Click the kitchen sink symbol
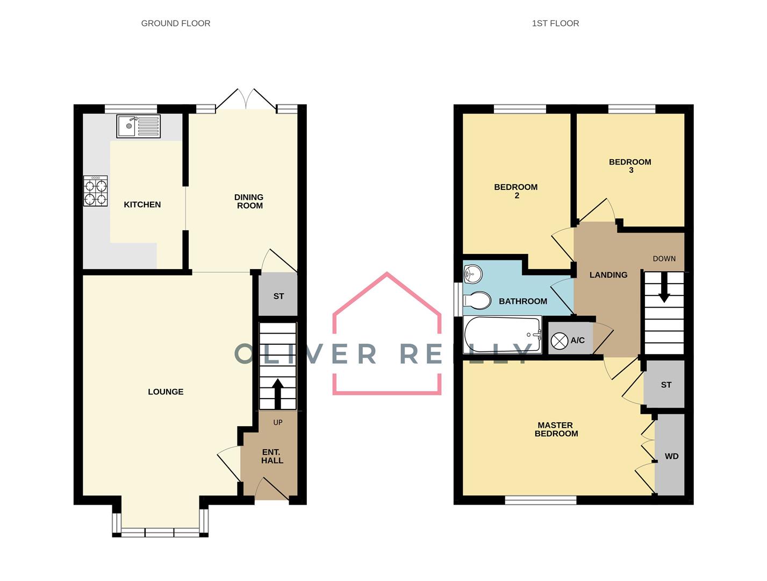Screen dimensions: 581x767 [138, 126]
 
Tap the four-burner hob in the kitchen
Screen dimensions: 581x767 [96, 191]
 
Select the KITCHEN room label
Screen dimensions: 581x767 [142, 204]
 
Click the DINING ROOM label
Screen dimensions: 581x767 [249, 201]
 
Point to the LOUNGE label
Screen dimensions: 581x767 [166, 392]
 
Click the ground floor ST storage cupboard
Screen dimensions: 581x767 [278, 296]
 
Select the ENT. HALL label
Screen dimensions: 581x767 [272, 456]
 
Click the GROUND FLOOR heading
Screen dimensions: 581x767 [176, 23]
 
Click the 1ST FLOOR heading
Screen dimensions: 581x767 [555, 23]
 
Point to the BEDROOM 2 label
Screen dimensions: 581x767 [516, 191]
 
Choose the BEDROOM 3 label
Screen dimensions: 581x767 [630, 166]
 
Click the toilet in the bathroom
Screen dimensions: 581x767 [477, 301]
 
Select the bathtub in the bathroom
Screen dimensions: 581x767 [503, 335]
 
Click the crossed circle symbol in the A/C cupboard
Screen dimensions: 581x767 [560, 341]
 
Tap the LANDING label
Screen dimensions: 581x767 [608, 275]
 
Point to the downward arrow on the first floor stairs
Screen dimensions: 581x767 [664, 287]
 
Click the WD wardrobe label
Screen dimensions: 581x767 [671, 456]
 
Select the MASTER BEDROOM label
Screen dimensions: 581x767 [556, 429]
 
